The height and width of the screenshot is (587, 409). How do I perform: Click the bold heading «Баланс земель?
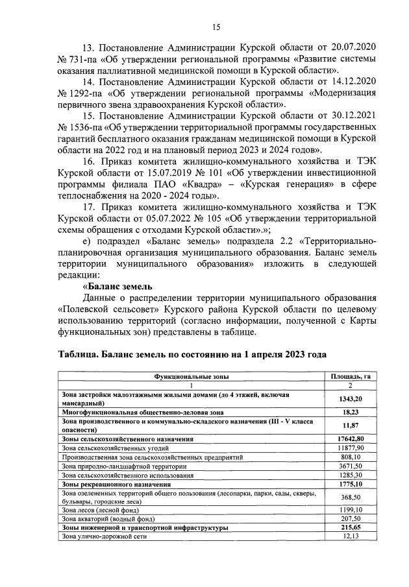pos(118,286)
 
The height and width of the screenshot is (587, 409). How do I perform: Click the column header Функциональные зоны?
pos(191,376)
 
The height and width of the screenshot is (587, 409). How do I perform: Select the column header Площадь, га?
pos(350,376)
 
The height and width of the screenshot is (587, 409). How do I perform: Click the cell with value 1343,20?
pos(350,398)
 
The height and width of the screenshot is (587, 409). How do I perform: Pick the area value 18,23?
pos(350,411)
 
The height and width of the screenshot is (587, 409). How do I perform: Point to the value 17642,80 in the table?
pos(350,439)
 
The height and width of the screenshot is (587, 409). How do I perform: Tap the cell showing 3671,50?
pos(351,466)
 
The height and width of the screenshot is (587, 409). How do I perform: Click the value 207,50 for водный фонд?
pos(351,520)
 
